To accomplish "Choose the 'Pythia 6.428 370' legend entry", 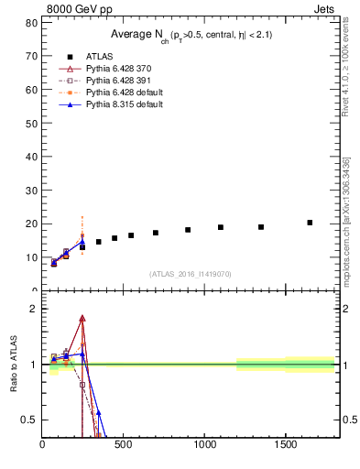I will tap(118, 69).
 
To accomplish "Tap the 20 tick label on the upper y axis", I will tap(32, 224).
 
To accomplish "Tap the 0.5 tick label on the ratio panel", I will tap(28, 420).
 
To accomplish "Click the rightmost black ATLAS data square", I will tap(310, 223).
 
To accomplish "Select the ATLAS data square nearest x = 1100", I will tap(221, 227).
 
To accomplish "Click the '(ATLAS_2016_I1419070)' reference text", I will tap(191, 274).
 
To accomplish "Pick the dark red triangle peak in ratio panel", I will tap(82, 319).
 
